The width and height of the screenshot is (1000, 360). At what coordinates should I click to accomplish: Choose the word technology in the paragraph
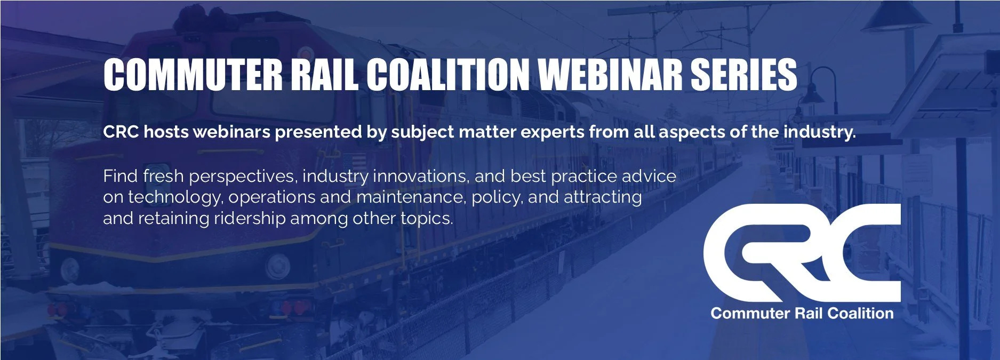coord(174,198)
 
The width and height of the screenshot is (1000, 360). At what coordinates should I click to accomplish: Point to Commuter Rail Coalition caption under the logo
coord(802,313)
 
